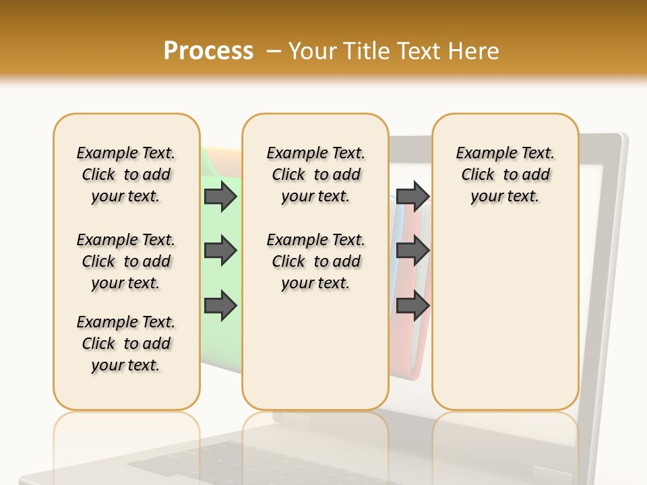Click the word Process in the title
click(x=208, y=51)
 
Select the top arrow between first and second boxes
click(x=220, y=197)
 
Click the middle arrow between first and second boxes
click(x=220, y=251)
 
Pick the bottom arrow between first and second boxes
click(x=220, y=305)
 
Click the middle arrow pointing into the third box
click(x=412, y=251)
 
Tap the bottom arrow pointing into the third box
click(x=412, y=305)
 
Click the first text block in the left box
click(x=126, y=174)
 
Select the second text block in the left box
click(x=126, y=261)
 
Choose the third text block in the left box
click(x=126, y=344)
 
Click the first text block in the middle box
click(x=315, y=174)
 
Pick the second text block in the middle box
click(x=315, y=261)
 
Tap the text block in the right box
click(x=505, y=174)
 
